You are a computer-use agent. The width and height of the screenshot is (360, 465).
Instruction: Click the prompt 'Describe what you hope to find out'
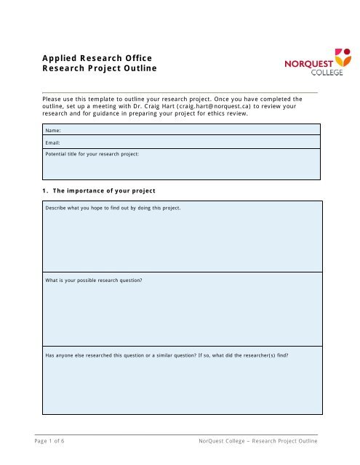[113, 209]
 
